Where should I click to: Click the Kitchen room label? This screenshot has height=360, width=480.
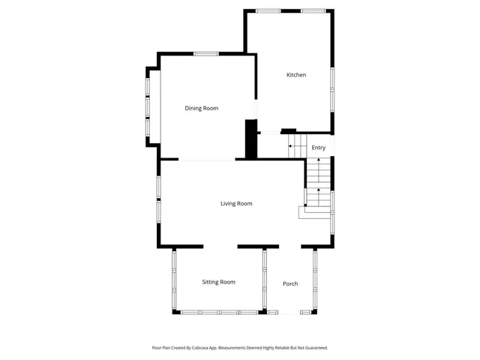click(296, 75)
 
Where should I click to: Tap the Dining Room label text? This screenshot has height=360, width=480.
click(202, 109)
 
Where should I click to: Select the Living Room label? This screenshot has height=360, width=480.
click(236, 204)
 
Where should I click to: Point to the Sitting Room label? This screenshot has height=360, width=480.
click(218, 283)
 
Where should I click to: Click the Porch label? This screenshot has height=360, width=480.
click(290, 284)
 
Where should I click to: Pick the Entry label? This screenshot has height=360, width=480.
click(319, 148)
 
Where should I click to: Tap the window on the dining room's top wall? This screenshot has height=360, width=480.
click(206, 53)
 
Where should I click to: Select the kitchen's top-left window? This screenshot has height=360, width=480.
click(268, 10)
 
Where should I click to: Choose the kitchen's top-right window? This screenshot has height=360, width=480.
click(313, 10)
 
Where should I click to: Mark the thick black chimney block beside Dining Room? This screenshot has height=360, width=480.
click(251, 139)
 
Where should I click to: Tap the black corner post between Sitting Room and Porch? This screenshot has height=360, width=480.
click(265, 311)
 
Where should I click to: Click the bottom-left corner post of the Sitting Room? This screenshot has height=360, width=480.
click(176, 311)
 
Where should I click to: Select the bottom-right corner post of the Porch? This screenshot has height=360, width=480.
click(314, 311)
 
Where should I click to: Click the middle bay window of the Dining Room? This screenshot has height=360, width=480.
click(148, 106)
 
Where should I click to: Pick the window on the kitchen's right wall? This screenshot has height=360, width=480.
click(332, 79)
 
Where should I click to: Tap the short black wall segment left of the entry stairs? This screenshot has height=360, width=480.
click(288, 131)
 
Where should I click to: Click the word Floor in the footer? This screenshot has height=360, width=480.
click(157, 348)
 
